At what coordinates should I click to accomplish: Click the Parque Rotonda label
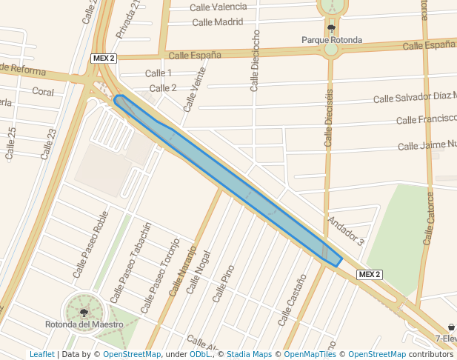(331, 40)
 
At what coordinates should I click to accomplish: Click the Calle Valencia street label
(219, 7)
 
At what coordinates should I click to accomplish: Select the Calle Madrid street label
(217, 21)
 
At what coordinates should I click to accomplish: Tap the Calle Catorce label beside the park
(429, 218)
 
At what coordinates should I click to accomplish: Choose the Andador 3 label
(346, 231)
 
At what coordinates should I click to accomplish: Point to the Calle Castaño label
(292, 300)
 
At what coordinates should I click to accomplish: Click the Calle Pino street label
(223, 283)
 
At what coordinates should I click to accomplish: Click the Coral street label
(43, 91)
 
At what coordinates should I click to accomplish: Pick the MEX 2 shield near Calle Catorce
(369, 274)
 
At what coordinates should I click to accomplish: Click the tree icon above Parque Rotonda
(331, 29)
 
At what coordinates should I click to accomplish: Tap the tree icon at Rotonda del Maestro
(83, 313)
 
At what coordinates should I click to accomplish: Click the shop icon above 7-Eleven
(451, 327)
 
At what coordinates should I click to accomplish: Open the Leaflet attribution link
(41, 355)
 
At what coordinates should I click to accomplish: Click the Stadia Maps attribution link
(249, 355)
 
